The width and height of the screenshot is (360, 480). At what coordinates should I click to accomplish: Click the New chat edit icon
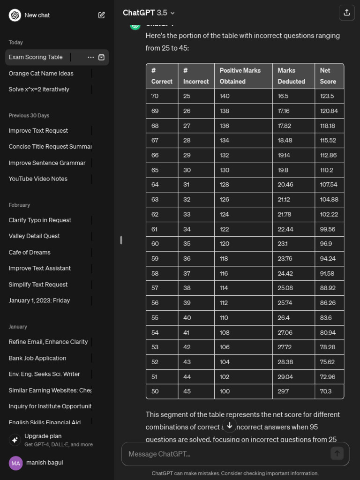pos(101,15)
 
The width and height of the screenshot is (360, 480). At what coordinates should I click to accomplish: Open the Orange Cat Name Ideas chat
pos(41,73)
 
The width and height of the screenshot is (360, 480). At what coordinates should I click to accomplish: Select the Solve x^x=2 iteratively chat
pos(39,89)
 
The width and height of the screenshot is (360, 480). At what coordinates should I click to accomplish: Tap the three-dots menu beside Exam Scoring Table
pos(90,57)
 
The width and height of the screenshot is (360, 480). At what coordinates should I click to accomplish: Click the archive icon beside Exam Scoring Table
pos(101,57)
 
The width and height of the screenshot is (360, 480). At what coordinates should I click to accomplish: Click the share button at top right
pos(346,13)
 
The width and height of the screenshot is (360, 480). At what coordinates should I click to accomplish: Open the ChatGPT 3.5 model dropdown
pos(149,13)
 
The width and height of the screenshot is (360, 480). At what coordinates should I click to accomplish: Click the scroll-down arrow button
pos(229,426)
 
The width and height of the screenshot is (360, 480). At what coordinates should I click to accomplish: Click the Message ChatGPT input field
pos(225,454)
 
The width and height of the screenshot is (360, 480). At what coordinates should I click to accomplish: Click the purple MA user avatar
pos(15,463)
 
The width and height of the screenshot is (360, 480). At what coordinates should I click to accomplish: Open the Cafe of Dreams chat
pos(30,252)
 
